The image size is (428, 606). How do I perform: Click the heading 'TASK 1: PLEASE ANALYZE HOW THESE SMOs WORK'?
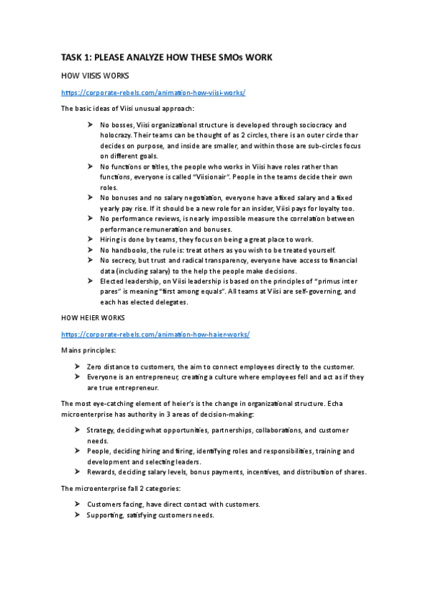click(x=166, y=57)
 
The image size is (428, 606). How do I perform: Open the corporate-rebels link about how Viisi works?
click(x=154, y=92)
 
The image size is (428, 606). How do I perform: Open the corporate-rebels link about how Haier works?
click(x=155, y=334)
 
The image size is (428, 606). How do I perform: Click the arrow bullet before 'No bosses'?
click(x=90, y=124)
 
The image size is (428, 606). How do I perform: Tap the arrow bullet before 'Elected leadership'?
click(x=90, y=280)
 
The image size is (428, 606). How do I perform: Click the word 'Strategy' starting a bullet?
click(x=101, y=430)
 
